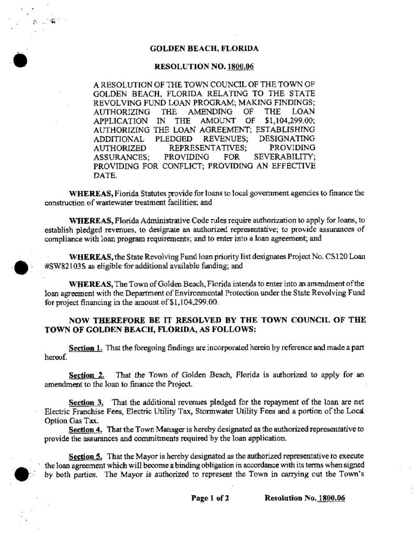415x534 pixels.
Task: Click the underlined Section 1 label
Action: click(x=86, y=347)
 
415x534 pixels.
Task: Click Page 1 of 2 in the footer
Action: click(x=210, y=498)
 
